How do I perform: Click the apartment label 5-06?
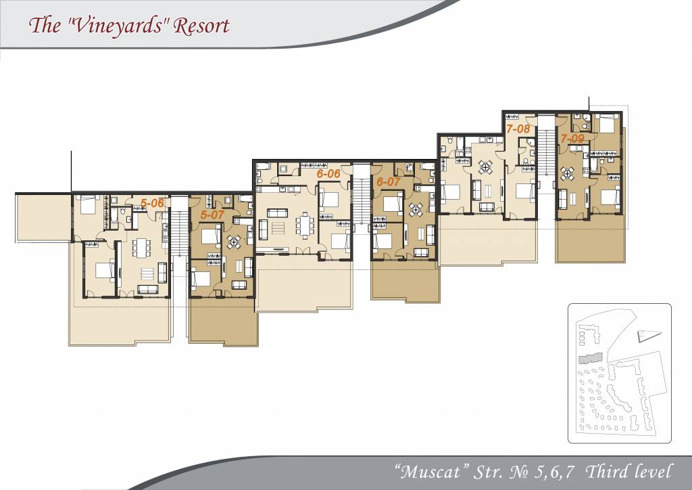pos(152,203)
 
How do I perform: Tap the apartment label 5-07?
pos(212,215)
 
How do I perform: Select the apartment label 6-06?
pos(328,174)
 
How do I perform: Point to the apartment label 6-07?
pos(389,181)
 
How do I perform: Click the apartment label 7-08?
pos(518,129)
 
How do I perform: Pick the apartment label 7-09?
pos(572,139)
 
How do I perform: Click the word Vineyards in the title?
pos(118,26)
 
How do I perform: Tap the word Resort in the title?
pos(201,26)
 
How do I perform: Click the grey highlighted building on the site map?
pos(591,358)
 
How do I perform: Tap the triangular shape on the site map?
pos(648,336)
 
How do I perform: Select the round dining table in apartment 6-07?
pos(416,209)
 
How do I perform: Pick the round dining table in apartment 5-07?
pos(234,242)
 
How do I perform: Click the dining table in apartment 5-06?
pos(141,248)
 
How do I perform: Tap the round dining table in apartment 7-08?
pos(485,167)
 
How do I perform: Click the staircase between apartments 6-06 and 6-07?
pos(362,194)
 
